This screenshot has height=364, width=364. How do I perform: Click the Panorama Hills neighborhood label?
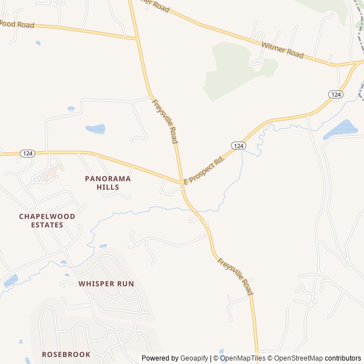click(107, 183)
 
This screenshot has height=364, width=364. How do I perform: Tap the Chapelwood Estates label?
click(47, 221)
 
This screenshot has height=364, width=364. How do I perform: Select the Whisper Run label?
click(106, 283)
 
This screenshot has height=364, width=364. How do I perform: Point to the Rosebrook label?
click(66, 354)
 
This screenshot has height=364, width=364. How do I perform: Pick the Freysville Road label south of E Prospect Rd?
click(235, 276)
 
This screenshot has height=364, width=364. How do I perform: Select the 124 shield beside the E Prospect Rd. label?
click(239, 146)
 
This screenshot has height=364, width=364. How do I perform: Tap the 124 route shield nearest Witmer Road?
click(335, 94)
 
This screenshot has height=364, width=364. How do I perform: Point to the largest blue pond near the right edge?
click(341, 130)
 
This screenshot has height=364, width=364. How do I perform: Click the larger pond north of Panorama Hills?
click(95, 129)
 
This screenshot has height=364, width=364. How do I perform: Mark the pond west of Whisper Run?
click(10, 280)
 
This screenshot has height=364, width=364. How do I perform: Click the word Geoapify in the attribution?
click(195, 358)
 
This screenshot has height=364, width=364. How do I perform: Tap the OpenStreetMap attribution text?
click(298, 358)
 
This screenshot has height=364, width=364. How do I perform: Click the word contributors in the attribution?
click(343, 358)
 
